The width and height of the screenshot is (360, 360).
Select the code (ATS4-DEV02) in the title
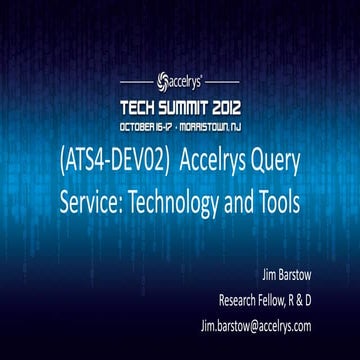point(101,159)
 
